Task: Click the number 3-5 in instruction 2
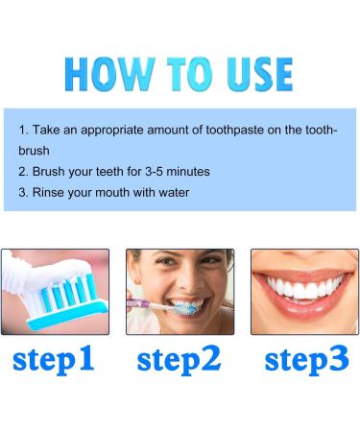156,170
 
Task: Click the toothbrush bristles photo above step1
54,292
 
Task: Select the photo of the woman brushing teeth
180,292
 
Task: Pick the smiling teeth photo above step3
304,292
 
